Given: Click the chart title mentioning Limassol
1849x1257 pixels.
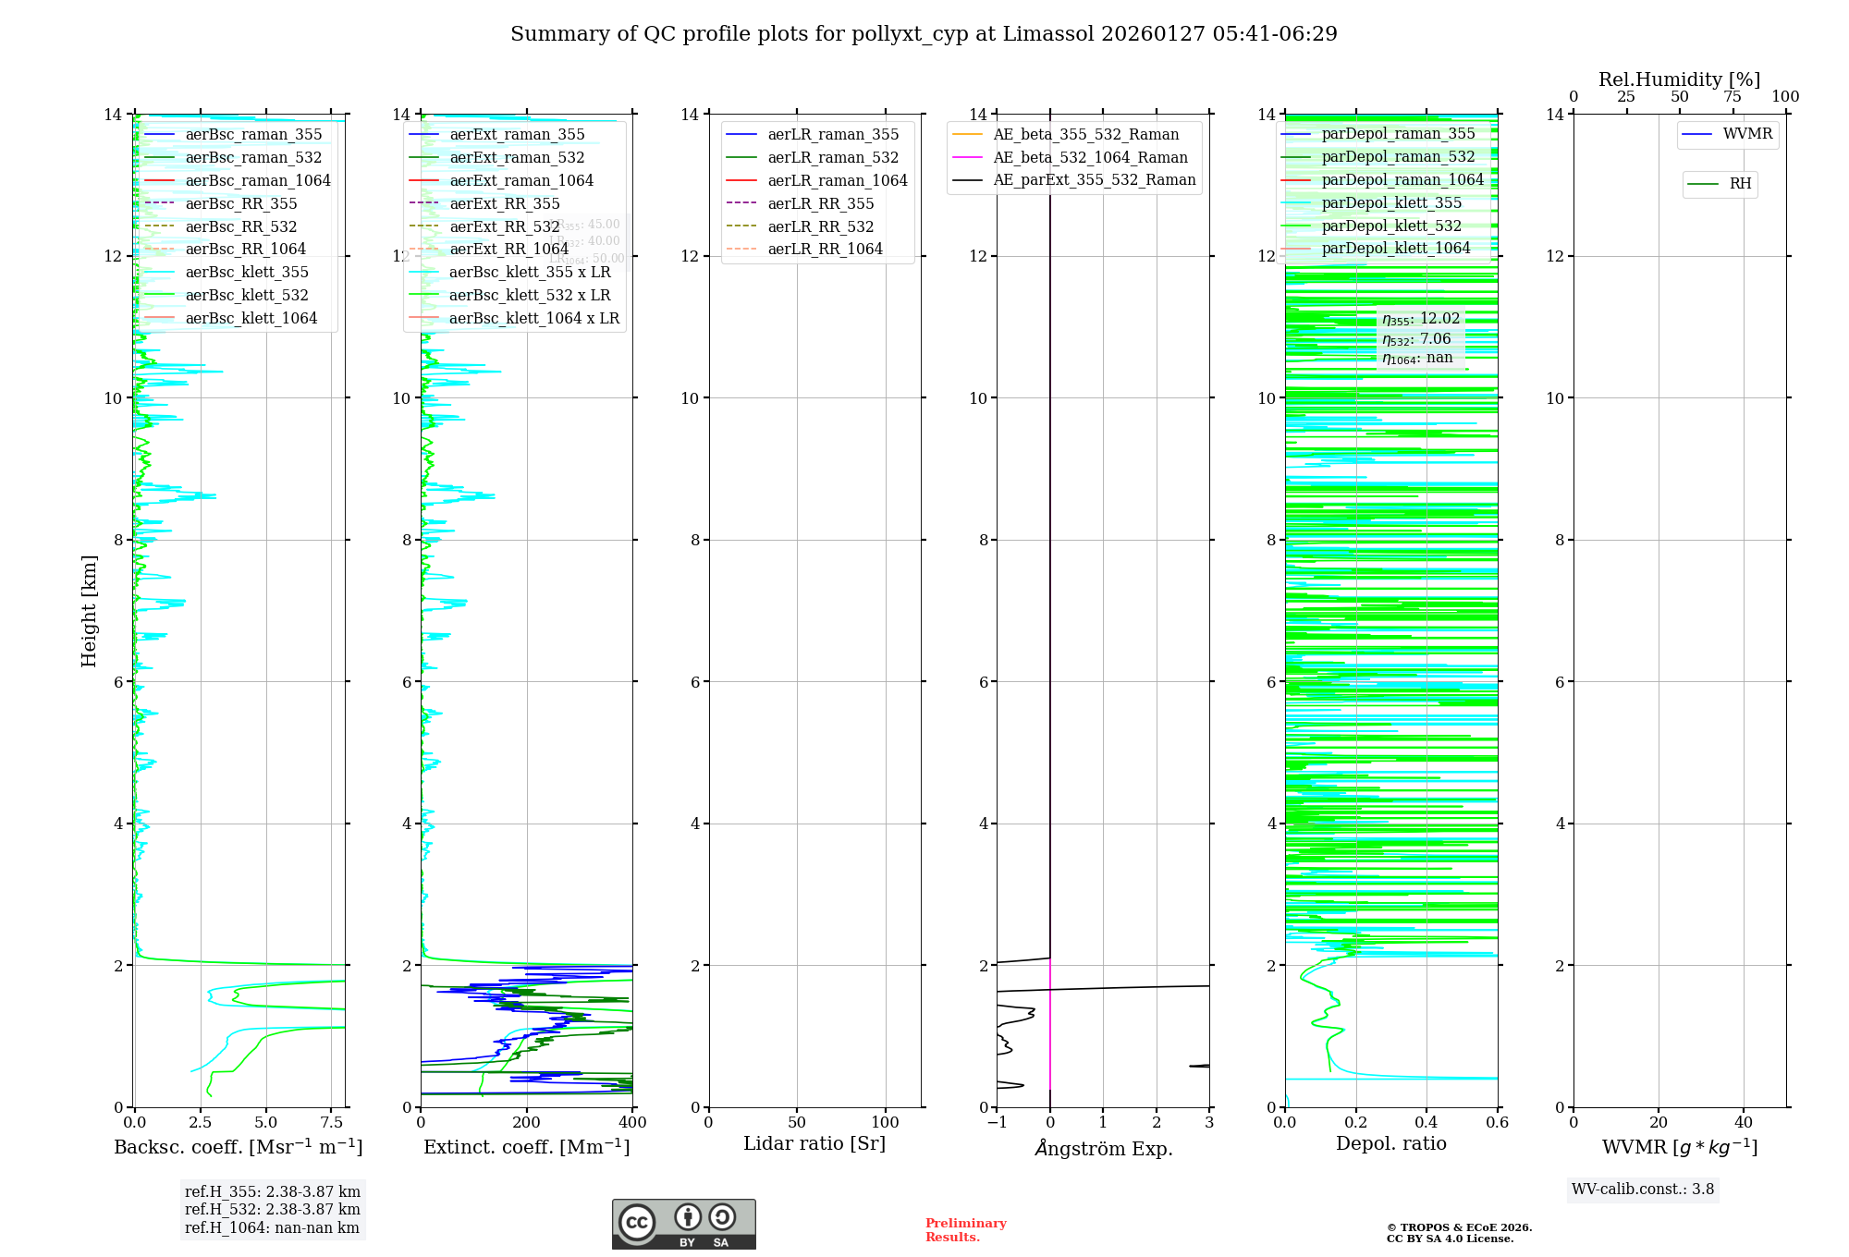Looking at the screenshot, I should pos(924,34).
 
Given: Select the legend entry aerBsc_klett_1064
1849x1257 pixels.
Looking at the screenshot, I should pos(251,318).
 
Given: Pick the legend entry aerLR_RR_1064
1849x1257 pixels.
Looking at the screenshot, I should pos(825,249).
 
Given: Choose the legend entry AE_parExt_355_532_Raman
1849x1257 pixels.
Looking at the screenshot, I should pos(1094,179).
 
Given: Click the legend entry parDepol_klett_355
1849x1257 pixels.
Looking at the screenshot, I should pos(1391,202).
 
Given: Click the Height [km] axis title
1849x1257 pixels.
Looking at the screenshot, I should pos(89,610).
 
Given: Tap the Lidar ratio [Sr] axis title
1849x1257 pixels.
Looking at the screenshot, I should pos(814,1143).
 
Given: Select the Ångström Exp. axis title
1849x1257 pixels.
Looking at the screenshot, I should pos(1103,1148).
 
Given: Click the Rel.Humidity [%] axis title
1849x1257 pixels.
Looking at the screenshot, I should pos(1679,79).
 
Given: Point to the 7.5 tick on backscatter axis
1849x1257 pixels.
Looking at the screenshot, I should pos(332,1123).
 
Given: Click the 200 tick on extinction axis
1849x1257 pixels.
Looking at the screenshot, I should pos(527,1123).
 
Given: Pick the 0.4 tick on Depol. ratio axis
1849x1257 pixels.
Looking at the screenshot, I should pos(1427,1123).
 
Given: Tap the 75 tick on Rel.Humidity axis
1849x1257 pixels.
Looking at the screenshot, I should pos(1733,97).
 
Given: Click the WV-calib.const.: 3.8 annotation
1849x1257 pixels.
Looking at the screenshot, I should pos(1643,1189).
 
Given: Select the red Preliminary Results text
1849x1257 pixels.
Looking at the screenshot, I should pos(965,1229).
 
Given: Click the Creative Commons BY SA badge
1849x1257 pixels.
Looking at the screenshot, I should pos(683,1224).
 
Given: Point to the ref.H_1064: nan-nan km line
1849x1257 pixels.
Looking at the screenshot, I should pos(272,1227).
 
